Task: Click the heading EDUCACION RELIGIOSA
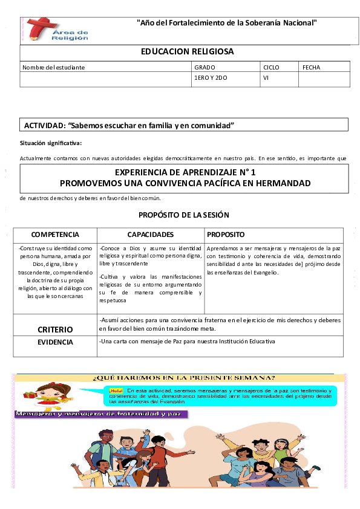[187, 52]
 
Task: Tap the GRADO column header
[205, 67]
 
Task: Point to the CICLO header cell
[271, 67]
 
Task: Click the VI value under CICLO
[266, 79]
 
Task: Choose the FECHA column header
[311, 67]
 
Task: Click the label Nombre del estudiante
[53, 67]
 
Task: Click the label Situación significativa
[50, 143]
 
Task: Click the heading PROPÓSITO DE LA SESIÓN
[183, 215]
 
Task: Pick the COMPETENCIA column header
[55, 234]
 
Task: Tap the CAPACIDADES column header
[151, 234]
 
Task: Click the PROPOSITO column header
[226, 234]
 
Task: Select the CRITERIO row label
[55, 329]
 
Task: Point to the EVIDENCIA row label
[55, 342]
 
